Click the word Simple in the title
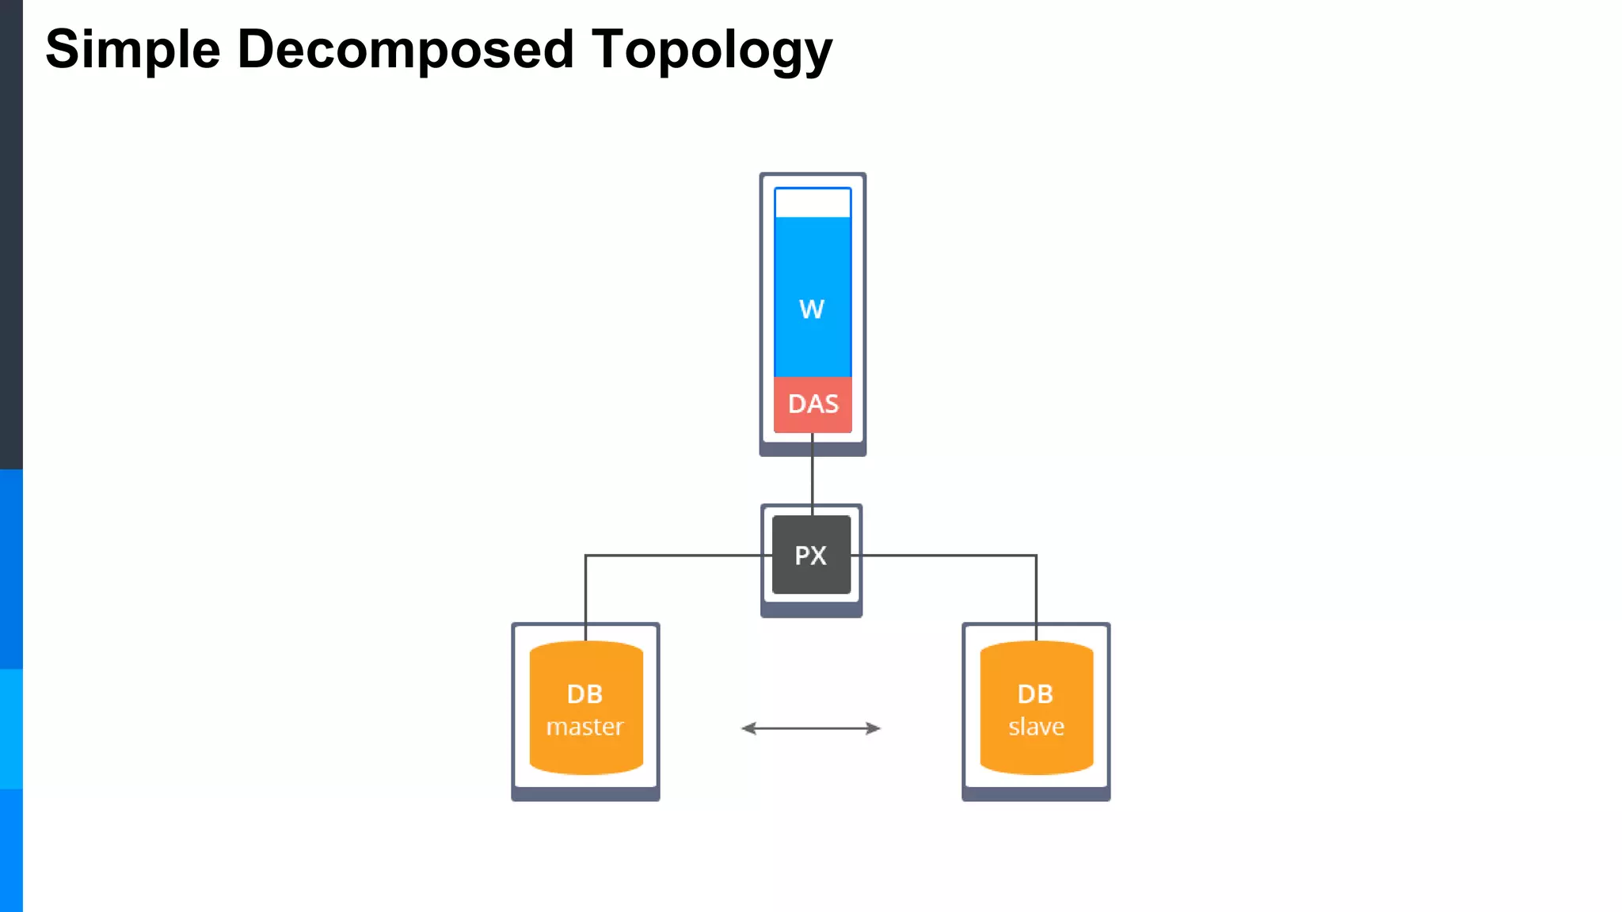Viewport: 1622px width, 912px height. pyautogui.click(x=132, y=50)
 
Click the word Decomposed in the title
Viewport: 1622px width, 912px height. pyautogui.click(x=405, y=50)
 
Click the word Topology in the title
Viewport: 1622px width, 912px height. pyautogui.click(x=711, y=50)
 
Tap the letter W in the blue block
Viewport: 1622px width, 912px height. pyautogui.click(x=812, y=309)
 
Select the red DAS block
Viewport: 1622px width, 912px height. pyautogui.click(x=813, y=405)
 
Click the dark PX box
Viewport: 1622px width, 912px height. pyautogui.click(x=811, y=555)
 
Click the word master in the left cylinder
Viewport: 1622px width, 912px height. pyautogui.click(x=585, y=727)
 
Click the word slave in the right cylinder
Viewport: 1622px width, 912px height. pyautogui.click(x=1036, y=727)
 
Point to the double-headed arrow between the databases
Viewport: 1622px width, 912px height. pyautogui.click(x=811, y=728)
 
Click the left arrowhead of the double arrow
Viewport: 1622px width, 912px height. pyautogui.click(x=748, y=728)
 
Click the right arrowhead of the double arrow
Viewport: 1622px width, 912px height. pyautogui.click(x=874, y=728)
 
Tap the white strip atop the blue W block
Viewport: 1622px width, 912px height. pyautogui.click(x=813, y=203)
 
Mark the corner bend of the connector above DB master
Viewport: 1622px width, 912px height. pyautogui.click(x=586, y=556)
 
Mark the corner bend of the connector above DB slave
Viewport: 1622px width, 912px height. pyautogui.click(x=1036, y=556)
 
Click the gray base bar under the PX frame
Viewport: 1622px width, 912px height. pyautogui.click(x=811, y=610)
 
